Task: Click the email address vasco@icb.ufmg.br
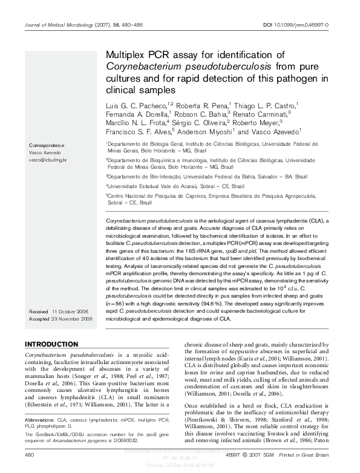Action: click(48, 160)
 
